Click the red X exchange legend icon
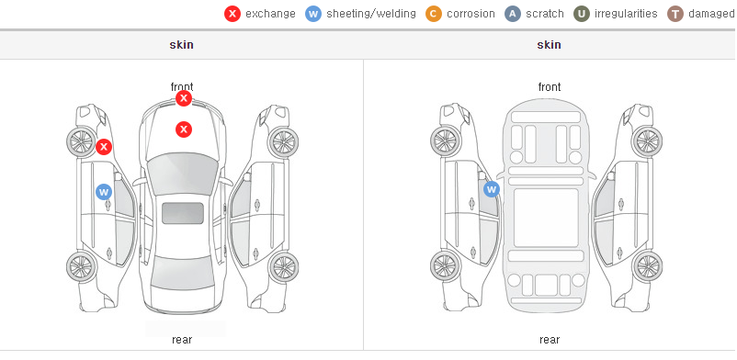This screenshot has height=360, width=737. [232, 14]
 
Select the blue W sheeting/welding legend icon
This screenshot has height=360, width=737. [313, 14]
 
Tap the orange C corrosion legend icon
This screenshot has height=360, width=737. [434, 14]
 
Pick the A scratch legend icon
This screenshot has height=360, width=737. [513, 14]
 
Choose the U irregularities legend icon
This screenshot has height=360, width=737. [582, 14]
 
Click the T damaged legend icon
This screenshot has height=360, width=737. [675, 14]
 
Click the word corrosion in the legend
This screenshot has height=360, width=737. [471, 14]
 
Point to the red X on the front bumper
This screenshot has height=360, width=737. [184, 98]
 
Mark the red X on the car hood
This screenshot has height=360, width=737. [184, 129]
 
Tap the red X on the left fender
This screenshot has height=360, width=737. [104, 147]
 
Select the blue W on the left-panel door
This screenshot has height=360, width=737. [104, 192]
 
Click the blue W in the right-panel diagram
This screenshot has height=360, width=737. [491, 189]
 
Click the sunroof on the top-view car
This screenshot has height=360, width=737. [183, 213]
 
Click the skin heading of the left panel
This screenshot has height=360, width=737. [181, 45]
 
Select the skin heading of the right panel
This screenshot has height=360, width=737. [549, 45]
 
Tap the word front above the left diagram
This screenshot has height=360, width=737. [182, 87]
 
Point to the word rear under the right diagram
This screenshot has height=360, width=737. [550, 340]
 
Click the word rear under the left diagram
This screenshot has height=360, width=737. [182, 340]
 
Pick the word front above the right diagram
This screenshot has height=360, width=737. [550, 87]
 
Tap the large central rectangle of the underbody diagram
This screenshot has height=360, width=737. [546, 218]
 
